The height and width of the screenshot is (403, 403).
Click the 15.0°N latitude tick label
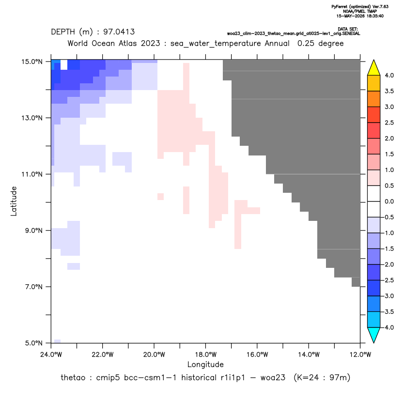[32, 62]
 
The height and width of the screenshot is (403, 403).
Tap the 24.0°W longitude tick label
[51, 355]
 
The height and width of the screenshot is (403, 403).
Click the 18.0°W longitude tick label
[205, 355]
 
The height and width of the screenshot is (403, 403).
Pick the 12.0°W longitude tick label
[360, 355]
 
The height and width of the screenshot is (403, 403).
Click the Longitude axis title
[205, 364]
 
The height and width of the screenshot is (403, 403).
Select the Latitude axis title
[14, 201]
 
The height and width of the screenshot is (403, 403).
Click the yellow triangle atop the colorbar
[374, 68]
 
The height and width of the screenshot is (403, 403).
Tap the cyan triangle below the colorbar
[374, 335]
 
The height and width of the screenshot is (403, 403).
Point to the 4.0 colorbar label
[389, 75]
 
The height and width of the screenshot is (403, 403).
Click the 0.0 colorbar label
[389, 201]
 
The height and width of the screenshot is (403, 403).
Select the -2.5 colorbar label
[388, 280]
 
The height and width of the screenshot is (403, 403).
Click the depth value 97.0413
[119, 32]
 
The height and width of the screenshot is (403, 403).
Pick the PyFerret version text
[360, 7]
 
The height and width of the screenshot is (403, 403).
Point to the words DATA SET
[348, 29]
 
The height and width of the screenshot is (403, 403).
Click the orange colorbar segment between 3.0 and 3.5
[374, 99]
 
